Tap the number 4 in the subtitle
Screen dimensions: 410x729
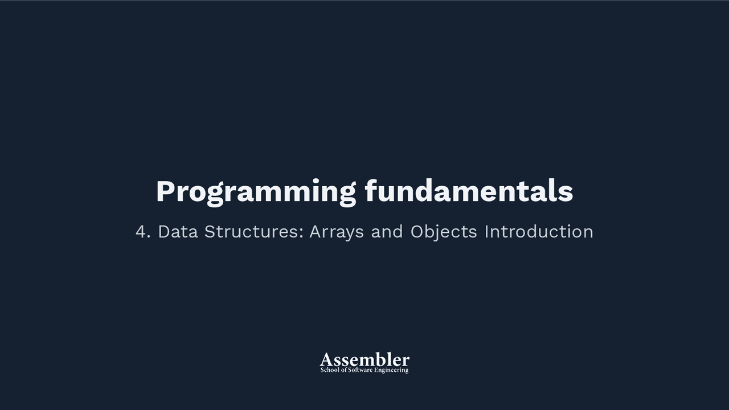tap(141, 232)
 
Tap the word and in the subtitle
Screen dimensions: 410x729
tap(387, 232)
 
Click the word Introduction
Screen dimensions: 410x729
tap(539, 232)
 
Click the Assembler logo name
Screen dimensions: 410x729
tap(364, 359)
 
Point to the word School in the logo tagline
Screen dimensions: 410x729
tap(330, 370)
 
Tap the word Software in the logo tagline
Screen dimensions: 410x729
tap(361, 370)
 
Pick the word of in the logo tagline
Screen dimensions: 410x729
tap(343, 370)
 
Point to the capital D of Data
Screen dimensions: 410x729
tap(163, 232)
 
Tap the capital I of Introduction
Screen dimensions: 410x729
tap(486, 232)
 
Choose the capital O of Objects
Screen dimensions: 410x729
tap(417, 232)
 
